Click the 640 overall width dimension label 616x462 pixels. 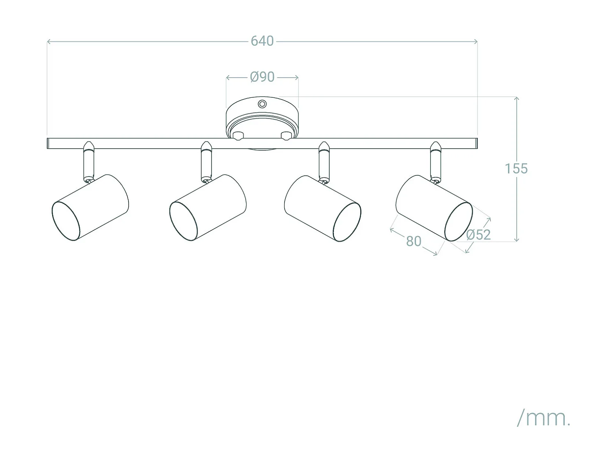262,41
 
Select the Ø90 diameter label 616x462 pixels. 262,77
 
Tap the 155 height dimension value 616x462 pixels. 516,168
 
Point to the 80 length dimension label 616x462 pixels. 414,241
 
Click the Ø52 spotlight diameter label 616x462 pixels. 478,234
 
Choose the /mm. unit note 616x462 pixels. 544,418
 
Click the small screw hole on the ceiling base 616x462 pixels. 262,104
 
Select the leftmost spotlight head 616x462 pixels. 90,207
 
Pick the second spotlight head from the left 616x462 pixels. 208,207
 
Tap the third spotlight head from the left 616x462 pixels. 323,208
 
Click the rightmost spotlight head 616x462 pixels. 434,208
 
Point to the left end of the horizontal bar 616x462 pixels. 49,143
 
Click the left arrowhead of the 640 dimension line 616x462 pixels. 48,41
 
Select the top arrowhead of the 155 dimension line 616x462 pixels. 517,98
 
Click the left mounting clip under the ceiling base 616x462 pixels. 238,136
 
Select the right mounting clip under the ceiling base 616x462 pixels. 286,136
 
